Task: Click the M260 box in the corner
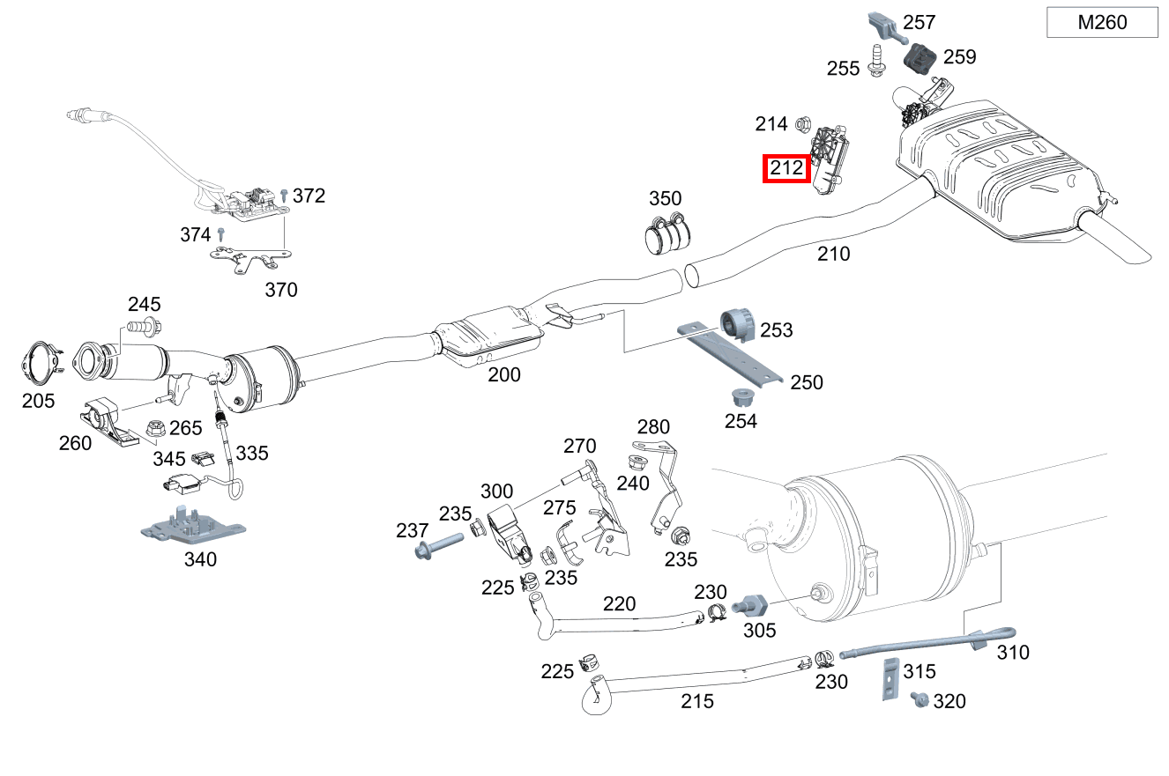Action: coord(1102,22)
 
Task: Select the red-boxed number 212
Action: coord(786,167)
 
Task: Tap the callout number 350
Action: coord(666,198)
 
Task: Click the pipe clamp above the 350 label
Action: coord(667,232)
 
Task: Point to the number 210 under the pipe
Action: coord(833,255)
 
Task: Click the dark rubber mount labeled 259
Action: coord(922,59)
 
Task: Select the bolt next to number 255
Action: coord(877,61)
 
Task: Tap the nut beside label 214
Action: coord(803,124)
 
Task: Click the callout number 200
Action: coord(504,374)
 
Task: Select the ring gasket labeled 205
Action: coord(39,364)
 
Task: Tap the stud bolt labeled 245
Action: coord(144,328)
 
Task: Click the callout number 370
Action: coord(281,289)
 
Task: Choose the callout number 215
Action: coord(697,702)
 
